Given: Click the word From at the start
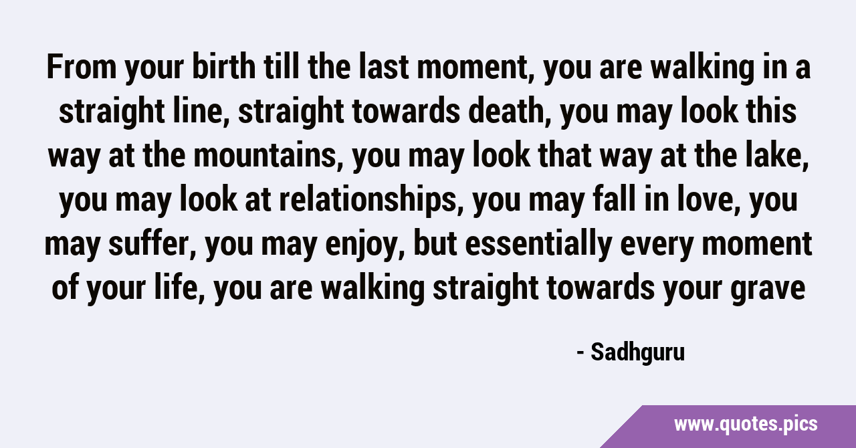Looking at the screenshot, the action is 82,67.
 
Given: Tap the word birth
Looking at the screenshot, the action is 224,67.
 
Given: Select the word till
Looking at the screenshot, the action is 282,67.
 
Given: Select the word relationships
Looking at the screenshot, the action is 370,200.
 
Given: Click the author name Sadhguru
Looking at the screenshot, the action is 638,353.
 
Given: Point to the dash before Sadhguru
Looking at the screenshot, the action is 580,354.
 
